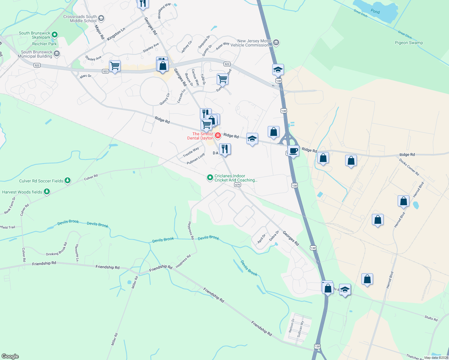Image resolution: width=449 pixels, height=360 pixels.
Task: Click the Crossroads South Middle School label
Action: point(80,19)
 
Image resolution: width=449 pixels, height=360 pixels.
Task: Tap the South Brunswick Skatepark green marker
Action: point(54,34)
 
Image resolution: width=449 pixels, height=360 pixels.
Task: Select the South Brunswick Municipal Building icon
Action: point(57,54)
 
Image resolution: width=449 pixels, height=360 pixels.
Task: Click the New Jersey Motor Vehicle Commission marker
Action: point(276,43)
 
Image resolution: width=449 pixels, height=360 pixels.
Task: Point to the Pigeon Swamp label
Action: point(409,43)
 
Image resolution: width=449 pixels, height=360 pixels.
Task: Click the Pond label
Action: point(375,11)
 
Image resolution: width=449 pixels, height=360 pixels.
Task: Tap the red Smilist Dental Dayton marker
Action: point(218,136)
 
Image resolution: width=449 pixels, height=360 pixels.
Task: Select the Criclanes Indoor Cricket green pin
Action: point(210,178)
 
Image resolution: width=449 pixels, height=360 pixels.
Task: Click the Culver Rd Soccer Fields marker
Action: point(68,180)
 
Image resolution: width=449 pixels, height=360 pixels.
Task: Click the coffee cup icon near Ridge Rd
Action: point(293,151)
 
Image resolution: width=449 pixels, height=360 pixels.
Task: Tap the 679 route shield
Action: point(238,184)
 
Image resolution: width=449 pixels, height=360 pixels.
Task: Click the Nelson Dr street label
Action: point(291,325)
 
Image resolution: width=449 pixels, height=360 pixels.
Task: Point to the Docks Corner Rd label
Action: point(409,167)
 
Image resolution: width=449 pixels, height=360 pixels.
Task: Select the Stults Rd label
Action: point(431,318)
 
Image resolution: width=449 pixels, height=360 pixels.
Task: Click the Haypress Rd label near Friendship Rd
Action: point(183,261)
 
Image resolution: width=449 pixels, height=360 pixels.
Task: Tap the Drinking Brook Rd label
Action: point(57,249)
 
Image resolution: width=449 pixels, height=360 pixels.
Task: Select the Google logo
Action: point(10,356)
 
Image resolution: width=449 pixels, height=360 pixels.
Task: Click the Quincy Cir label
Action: point(164,99)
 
